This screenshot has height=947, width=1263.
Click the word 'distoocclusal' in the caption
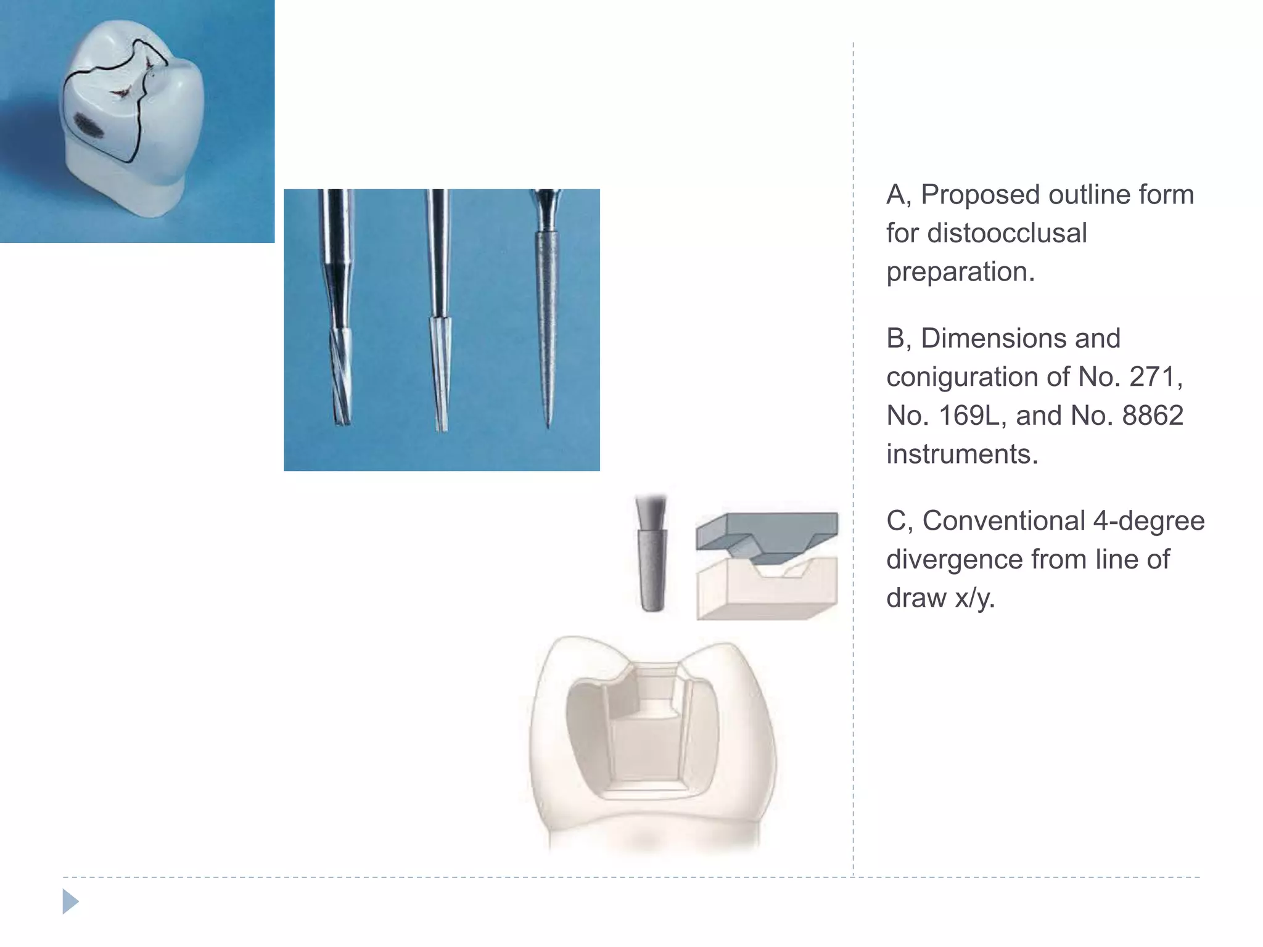point(986,234)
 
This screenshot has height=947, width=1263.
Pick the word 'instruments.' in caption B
point(962,454)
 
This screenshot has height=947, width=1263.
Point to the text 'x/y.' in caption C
point(974,598)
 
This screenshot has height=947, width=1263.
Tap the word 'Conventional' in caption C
point(1003,521)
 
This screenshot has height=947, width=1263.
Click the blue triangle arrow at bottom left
point(70,901)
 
